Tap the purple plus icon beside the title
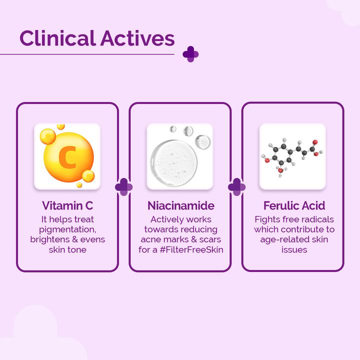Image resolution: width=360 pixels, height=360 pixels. point(190,54)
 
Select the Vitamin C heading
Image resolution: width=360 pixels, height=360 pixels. point(67,205)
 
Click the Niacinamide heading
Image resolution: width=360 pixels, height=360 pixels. point(180,205)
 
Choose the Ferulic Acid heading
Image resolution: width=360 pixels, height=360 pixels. point(294,205)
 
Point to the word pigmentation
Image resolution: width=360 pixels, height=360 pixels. point(67,229)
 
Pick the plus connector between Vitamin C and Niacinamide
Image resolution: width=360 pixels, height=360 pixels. point(124,187)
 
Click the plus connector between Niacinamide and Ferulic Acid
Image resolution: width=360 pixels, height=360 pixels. point(236,187)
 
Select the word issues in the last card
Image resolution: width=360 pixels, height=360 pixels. point(294,249)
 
